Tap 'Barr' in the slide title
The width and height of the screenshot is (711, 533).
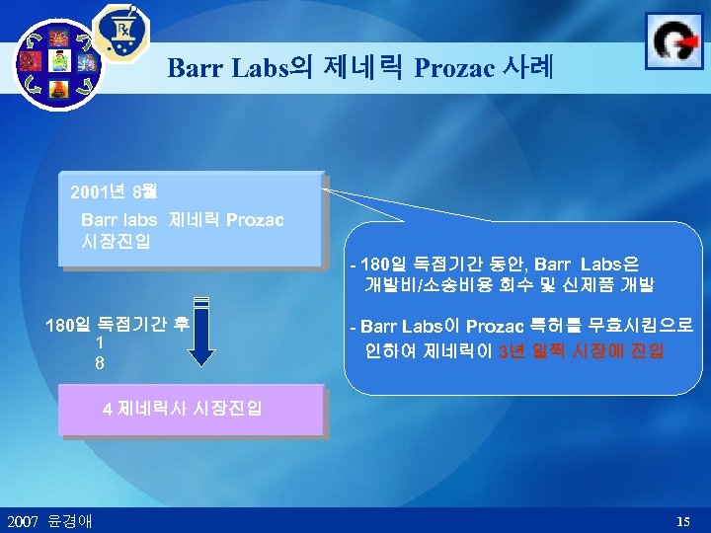coord(194,68)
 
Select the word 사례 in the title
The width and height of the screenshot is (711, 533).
coord(529,68)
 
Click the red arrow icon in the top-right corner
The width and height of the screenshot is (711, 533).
coord(673,40)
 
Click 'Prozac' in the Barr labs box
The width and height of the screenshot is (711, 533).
coord(255,219)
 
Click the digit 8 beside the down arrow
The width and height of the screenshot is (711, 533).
coord(100,362)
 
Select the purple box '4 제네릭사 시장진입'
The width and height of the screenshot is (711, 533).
coord(191,409)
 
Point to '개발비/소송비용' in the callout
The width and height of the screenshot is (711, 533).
coord(426,285)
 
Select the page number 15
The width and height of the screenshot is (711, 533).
coord(683,520)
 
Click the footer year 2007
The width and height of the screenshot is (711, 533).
coord(22,520)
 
